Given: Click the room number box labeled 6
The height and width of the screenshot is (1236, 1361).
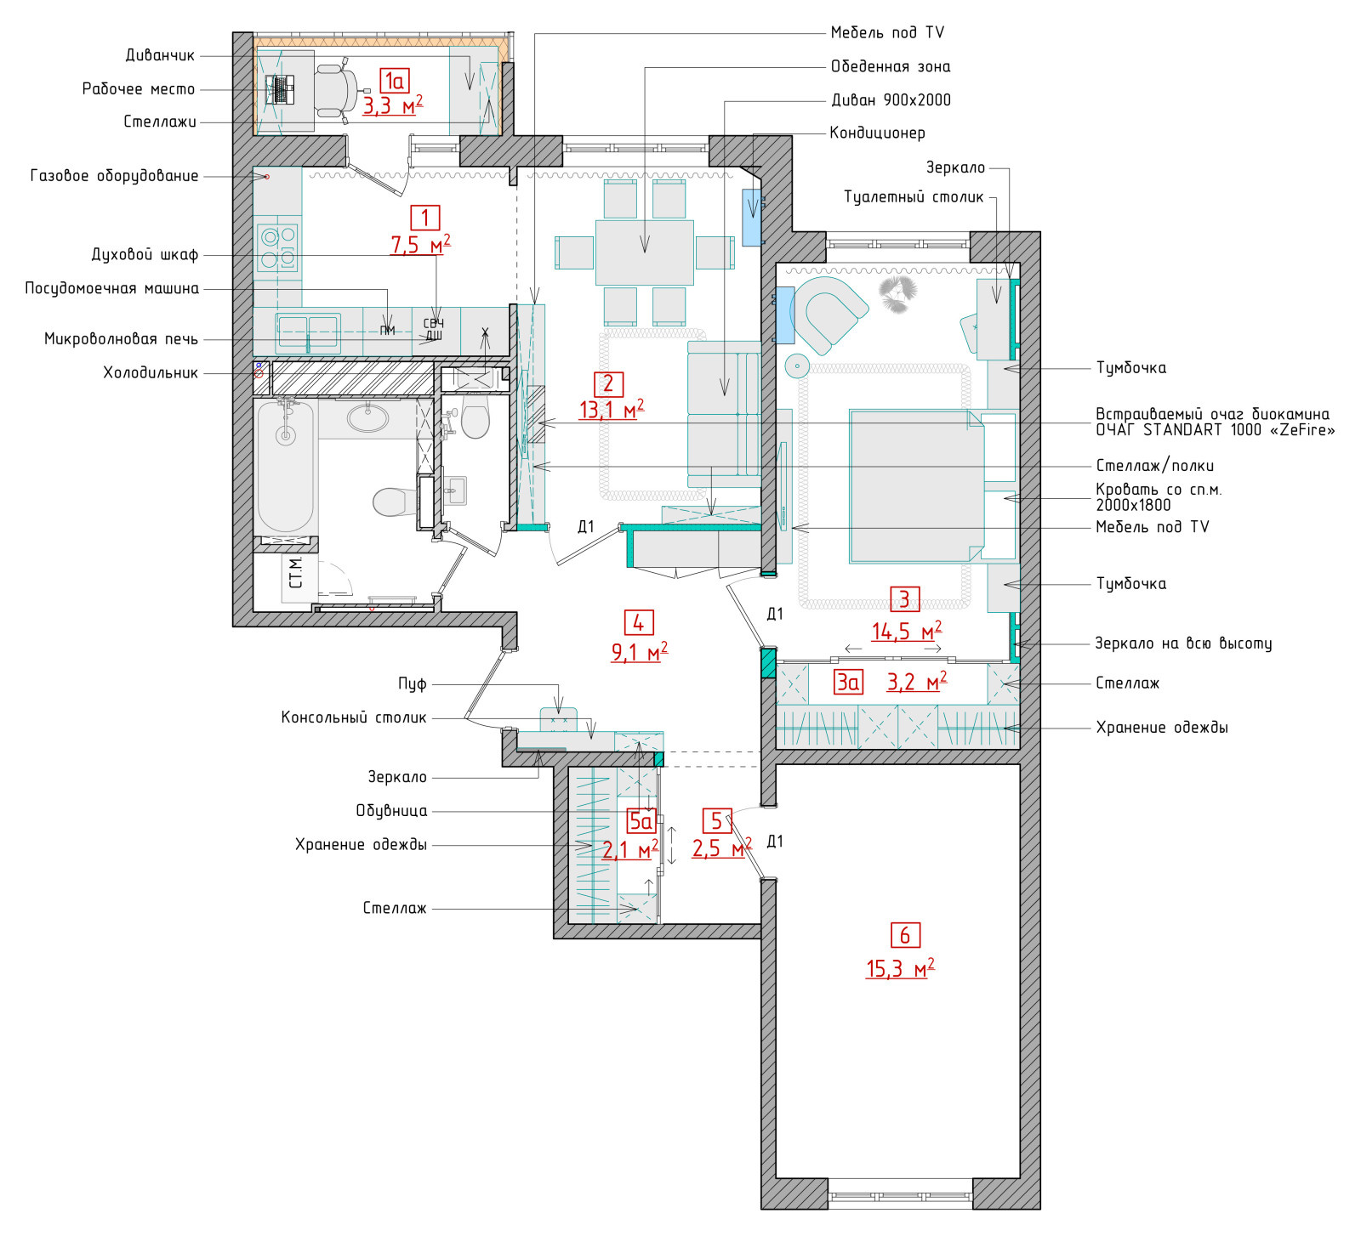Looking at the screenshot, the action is pos(904,935).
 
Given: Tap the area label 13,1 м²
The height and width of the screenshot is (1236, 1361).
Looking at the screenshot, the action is pos(611,410).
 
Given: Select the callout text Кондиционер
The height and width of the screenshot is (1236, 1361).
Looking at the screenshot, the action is pos(877,133).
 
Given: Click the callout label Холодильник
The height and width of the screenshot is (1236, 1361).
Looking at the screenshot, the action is pos(151,372).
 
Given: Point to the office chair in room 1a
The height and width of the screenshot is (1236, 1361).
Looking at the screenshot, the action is pos(336,89).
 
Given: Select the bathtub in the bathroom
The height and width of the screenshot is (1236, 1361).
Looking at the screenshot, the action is pos(286,468).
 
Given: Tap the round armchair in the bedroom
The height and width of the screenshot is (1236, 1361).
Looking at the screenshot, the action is pos(827,313).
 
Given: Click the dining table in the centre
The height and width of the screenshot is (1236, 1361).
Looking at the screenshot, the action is pos(645,252).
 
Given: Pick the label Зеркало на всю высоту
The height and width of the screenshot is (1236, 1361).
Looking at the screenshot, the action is pos(1183,644).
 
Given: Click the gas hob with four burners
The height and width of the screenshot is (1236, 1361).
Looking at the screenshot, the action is pos(278,247).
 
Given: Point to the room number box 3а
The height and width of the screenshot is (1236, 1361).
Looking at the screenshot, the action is pos(848,682).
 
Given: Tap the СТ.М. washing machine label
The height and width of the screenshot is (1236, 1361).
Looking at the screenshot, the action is pos(296,573).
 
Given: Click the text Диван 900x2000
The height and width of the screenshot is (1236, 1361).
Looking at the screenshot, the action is pos(891,99).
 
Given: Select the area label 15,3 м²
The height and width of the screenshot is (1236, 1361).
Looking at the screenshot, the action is pos(900,968).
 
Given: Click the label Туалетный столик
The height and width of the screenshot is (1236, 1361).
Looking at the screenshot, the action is pos(914,197).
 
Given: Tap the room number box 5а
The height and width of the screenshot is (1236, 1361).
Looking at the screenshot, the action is pos(641,820).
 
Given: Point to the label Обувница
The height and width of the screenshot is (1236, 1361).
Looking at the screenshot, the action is pos(391,811).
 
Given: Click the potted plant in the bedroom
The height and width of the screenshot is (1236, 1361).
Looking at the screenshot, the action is pos(897,293).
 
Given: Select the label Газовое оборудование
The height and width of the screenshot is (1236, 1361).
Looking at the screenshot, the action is pos(115,176).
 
